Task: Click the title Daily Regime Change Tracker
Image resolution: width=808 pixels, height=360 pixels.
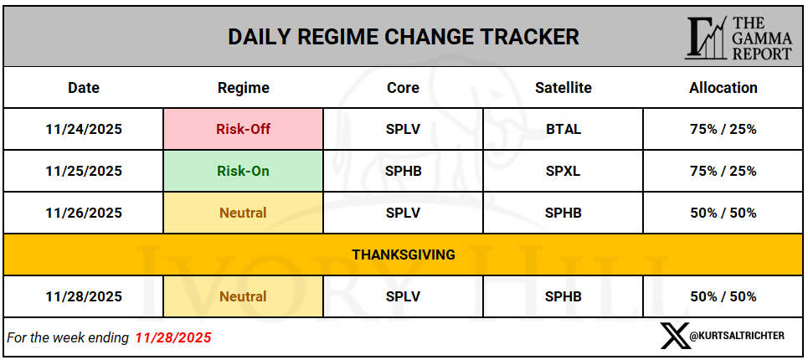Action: point(404,37)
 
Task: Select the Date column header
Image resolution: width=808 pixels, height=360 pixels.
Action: point(84,88)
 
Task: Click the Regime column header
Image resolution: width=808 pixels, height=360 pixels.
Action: point(243,88)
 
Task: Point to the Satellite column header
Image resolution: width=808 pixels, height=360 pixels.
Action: point(564,88)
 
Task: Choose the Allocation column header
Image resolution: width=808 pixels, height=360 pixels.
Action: point(723,88)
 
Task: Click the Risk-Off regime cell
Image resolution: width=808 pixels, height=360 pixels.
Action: point(243,129)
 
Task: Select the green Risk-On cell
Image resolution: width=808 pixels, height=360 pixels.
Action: point(243,171)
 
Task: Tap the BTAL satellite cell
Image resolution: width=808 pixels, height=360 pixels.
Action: point(564,129)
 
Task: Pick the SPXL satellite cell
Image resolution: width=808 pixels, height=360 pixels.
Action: point(564,171)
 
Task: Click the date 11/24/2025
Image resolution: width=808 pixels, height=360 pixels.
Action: point(84,129)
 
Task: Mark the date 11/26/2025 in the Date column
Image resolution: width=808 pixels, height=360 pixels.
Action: point(84,212)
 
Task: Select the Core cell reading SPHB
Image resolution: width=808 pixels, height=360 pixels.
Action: point(403,171)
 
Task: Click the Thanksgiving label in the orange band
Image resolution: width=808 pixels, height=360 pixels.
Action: point(404,255)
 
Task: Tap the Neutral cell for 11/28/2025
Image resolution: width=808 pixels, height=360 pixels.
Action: point(243,296)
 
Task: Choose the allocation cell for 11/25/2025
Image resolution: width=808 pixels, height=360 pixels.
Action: point(723,171)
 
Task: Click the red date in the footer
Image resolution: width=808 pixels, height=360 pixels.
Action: point(173,337)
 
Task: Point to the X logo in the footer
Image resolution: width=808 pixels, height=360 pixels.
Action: point(674,336)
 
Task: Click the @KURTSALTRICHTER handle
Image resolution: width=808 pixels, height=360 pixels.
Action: point(737,336)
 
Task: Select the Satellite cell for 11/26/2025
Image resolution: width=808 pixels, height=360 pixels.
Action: point(564,212)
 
